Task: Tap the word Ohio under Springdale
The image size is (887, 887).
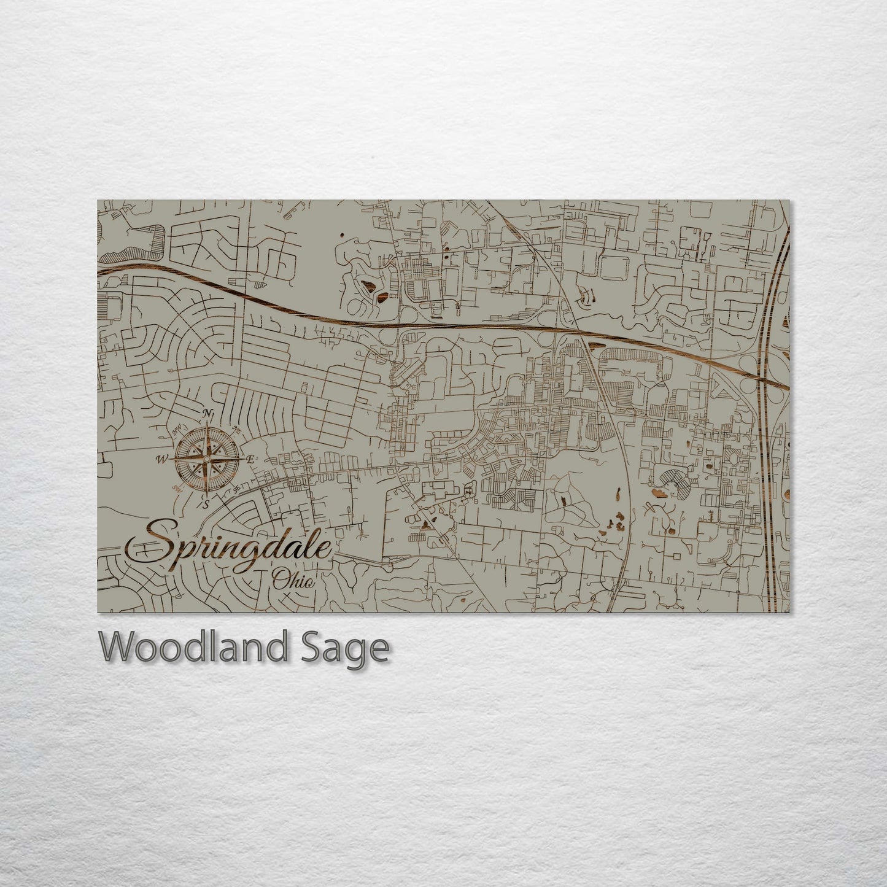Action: (293, 579)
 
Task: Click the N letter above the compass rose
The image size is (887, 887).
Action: (208, 413)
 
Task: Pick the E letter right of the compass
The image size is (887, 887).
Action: (250, 459)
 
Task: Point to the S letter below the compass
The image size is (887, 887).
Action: (207, 504)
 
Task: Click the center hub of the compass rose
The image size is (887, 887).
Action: (207, 459)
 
